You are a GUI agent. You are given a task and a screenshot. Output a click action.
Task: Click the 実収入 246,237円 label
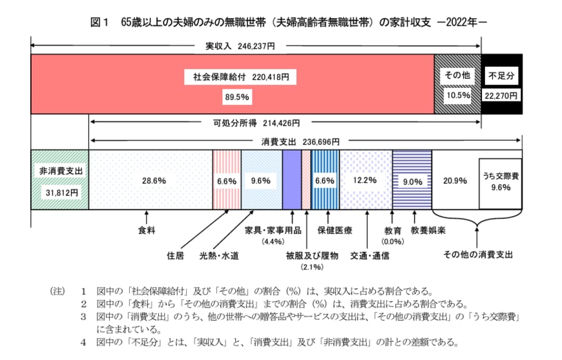[240, 47]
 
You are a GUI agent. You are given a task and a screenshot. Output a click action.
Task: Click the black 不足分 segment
[501, 84]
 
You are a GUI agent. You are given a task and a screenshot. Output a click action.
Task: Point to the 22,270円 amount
[501, 95]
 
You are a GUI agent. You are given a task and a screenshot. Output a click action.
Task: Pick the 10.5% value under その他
[457, 95]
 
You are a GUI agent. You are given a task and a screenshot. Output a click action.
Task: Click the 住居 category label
[175, 255]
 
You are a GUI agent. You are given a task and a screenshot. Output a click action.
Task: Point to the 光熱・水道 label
[219, 255]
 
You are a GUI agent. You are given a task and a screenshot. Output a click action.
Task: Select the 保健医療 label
[334, 229]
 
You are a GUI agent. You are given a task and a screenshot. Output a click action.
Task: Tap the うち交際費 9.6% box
[500, 182]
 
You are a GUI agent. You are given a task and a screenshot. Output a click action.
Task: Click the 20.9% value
[455, 181]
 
